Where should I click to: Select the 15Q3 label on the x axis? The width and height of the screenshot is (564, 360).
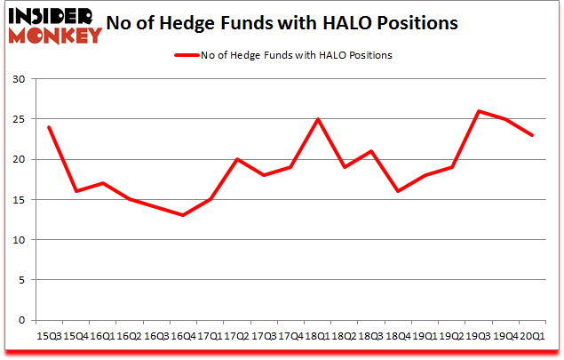(48, 337)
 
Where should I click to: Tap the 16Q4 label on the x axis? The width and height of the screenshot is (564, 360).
(183, 337)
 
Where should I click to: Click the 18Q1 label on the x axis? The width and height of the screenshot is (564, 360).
(317, 337)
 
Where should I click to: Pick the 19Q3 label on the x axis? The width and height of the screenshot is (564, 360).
(478, 337)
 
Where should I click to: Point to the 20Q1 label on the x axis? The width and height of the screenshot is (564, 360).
(532, 337)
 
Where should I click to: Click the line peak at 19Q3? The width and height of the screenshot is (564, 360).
(478, 111)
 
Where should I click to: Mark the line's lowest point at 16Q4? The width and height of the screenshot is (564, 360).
(183, 215)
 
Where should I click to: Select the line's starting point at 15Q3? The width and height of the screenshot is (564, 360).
(48, 127)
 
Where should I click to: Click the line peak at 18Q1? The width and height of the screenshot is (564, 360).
(317, 119)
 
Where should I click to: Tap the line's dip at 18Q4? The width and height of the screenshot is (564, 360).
(398, 191)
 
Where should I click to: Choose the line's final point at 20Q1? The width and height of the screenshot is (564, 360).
(532, 135)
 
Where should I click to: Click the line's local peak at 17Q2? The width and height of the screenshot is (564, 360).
(236, 159)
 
